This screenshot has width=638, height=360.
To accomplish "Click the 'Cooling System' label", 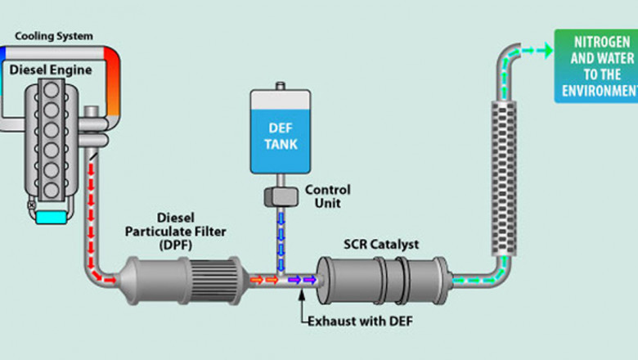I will coord(54,36).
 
